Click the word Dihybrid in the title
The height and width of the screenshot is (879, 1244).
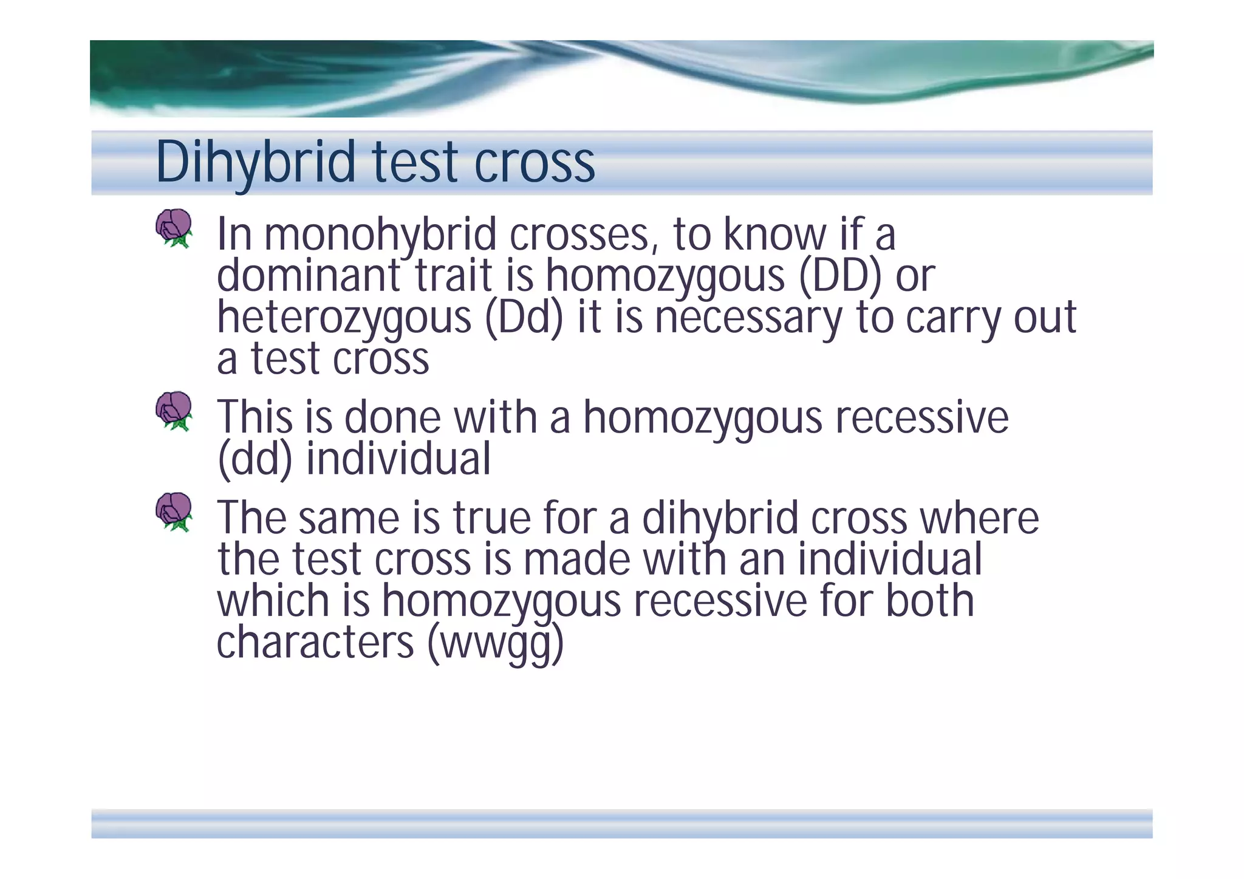point(255,163)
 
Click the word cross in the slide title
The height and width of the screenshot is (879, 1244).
point(534,163)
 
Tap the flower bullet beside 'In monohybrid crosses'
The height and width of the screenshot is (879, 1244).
point(174,228)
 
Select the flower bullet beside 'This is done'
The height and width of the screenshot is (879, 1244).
point(174,411)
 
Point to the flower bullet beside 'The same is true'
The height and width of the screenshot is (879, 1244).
point(174,511)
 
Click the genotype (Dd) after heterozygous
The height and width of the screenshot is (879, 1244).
point(524,318)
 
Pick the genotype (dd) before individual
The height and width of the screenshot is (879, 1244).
point(255,459)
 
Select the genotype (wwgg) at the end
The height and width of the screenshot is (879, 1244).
point(496,643)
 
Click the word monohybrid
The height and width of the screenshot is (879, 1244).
point(380,235)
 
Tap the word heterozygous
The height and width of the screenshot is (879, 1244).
point(344,318)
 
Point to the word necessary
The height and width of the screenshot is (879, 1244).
point(748,318)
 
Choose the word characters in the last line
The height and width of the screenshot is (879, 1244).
point(315,643)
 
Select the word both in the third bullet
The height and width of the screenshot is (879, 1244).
point(929,601)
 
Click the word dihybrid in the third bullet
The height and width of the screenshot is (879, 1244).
point(720,518)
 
